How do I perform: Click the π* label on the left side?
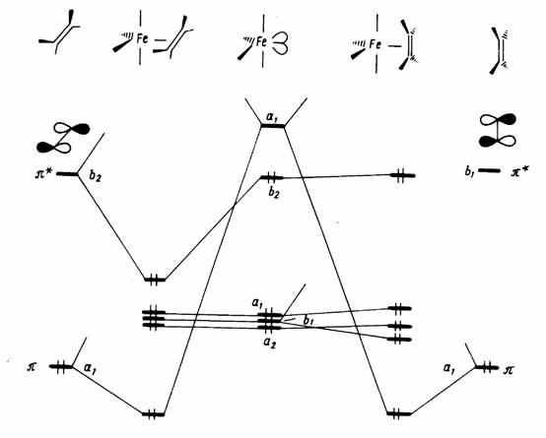[x=43, y=173]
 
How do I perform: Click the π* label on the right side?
[x=520, y=171]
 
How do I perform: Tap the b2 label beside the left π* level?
[x=95, y=175]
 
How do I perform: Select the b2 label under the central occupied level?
[x=274, y=194]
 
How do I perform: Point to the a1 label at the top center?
[x=272, y=117]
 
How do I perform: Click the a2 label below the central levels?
[x=269, y=344]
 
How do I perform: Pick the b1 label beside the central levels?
[x=307, y=321]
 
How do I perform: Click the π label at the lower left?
[x=32, y=367]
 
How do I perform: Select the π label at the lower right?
[x=509, y=370]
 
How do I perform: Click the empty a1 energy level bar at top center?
[x=273, y=126]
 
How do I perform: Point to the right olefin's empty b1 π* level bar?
[x=489, y=170]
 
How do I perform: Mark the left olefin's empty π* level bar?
[x=67, y=173]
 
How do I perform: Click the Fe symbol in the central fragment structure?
[x=261, y=42]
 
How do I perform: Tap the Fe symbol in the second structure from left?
[x=142, y=38]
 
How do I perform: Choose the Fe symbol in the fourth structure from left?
[x=375, y=45]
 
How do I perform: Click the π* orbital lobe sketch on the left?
[x=63, y=138]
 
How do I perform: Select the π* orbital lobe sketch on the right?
[x=498, y=130]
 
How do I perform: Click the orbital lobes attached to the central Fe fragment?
[x=281, y=43]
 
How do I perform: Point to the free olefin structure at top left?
[x=59, y=32]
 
